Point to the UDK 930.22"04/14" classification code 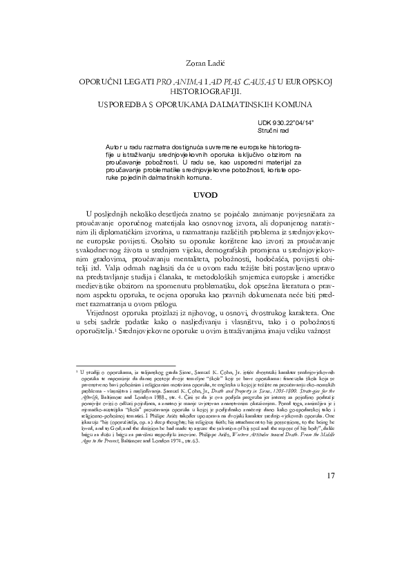pyautogui.click(x=286, y=122)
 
